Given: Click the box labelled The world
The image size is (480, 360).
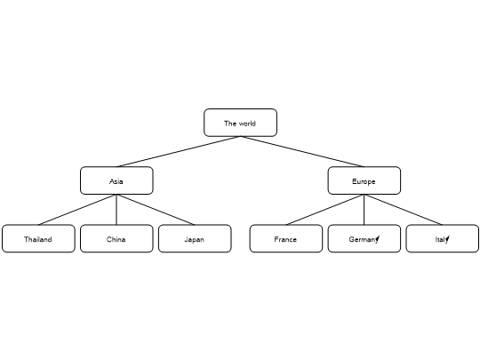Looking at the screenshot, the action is [240, 123].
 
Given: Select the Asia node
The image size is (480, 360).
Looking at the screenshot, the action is [116, 180].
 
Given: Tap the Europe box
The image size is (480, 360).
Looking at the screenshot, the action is [364, 180].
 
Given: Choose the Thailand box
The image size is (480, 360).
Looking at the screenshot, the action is [38, 238].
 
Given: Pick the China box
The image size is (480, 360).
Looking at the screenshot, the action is [116, 238].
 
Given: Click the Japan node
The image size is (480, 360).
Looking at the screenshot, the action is [195, 238].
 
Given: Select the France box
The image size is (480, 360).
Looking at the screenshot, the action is [286, 238].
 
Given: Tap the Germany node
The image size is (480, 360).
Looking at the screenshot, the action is [364, 238].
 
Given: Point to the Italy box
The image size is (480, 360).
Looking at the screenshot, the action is [443, 238].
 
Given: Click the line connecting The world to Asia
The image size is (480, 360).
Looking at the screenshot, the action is [179, 151].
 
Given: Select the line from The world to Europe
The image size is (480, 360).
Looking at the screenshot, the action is [302, 151].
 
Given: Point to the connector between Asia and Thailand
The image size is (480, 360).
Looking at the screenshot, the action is [77, 210].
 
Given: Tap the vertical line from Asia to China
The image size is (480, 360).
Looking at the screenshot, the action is [116, 210].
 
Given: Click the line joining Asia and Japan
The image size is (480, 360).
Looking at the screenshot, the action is [156, 210].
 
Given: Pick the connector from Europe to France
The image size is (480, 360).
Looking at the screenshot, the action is [324, 210].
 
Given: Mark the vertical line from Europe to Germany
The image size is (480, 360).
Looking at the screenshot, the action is [364, 210].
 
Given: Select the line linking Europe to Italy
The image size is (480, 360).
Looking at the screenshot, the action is [404, 210].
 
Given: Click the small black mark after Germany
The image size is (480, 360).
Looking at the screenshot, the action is [378, 239].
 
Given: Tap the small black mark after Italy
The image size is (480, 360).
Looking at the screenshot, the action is [447, 239].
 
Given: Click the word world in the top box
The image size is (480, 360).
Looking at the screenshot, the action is [247, 124].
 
